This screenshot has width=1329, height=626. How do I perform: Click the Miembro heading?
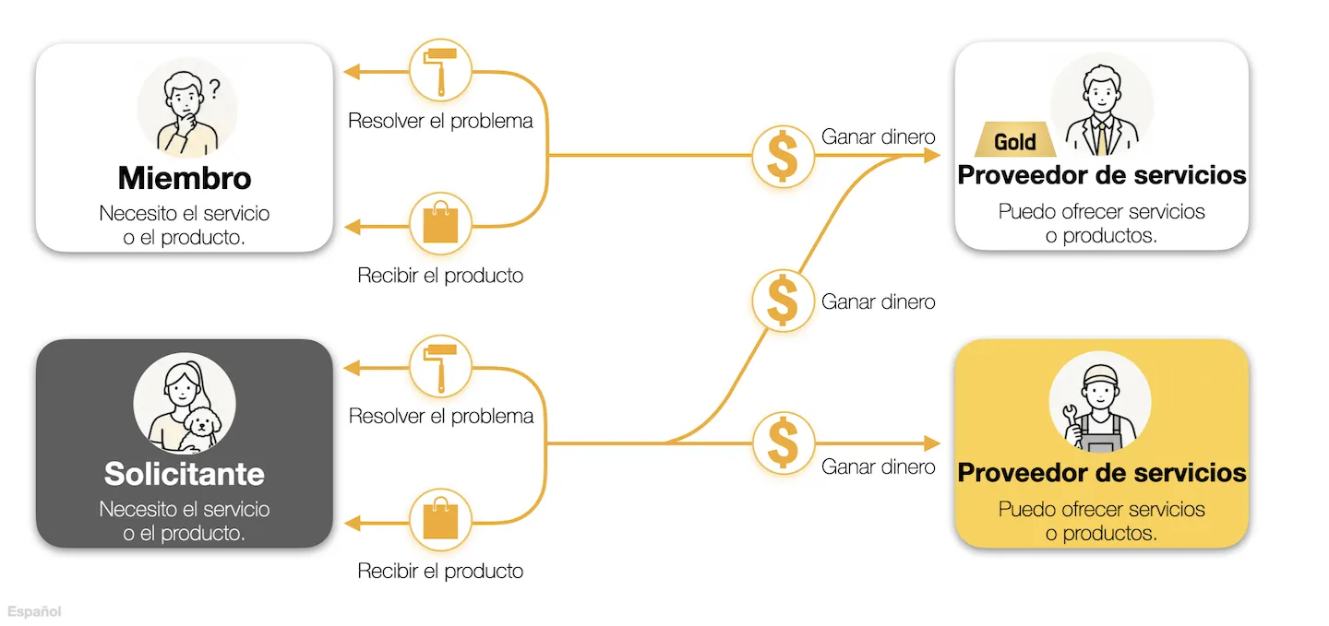185,178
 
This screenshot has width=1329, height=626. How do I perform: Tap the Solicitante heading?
185,474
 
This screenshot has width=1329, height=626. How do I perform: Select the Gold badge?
1015,140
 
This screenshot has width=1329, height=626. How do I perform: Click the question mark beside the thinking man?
214,89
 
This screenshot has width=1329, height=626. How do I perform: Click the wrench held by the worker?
1072,421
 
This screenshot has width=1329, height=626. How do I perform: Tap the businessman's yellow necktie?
1101,138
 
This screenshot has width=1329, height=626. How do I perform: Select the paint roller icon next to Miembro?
440,71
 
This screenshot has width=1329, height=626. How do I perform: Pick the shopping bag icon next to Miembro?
440,223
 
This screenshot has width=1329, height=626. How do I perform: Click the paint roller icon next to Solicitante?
440,367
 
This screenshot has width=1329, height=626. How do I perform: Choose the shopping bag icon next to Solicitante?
440,520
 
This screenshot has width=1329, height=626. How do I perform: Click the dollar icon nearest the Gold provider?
783,156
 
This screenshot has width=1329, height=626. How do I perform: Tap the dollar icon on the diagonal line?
783,301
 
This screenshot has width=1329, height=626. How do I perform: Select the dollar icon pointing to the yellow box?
783,443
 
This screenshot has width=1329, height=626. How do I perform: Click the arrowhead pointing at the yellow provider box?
932,443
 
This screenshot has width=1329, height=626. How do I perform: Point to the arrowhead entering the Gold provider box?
932,155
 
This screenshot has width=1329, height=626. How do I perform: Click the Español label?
34,611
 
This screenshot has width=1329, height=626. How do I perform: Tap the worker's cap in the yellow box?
1100,374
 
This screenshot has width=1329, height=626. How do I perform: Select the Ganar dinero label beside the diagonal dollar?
878,301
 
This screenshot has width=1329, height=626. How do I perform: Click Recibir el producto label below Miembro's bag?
440,275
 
